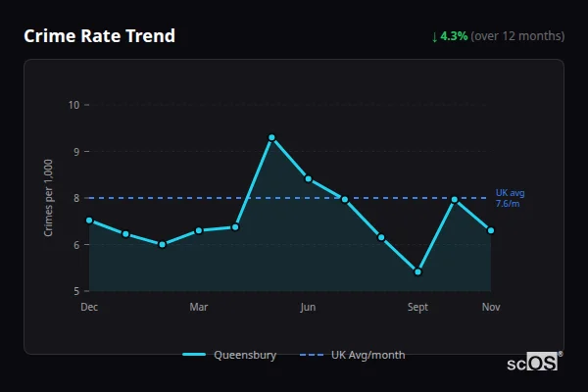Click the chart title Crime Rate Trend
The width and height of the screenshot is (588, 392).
pos(99,36)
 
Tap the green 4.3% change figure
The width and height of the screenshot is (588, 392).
pos(454,36)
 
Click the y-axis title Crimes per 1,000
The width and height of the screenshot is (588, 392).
pos(49,198)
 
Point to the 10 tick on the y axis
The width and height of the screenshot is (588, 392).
pos(73,105)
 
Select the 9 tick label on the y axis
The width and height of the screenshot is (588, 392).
pos(76,151)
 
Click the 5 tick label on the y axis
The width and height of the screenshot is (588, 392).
pos(76,291)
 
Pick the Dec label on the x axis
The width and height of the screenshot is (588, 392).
pos(89,308)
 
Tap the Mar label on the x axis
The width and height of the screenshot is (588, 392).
pos(199,308)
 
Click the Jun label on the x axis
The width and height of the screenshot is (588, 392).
pos(308,308)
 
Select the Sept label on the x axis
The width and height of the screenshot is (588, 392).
pos(417,308)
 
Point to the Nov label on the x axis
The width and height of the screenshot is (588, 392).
pos(491,308)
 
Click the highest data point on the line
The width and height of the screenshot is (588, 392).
pos(271,137)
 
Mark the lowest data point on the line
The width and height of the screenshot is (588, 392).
pos(417,271)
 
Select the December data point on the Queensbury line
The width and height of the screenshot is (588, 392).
pos(89,220)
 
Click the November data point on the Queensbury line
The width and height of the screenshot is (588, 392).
pos(491,230)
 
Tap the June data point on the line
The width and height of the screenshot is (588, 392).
pos(308,178)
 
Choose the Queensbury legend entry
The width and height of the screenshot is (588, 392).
pos(229,355)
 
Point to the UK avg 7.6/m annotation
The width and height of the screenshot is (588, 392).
pos(510,198)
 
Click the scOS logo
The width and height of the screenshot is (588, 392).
pos(532,363)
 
